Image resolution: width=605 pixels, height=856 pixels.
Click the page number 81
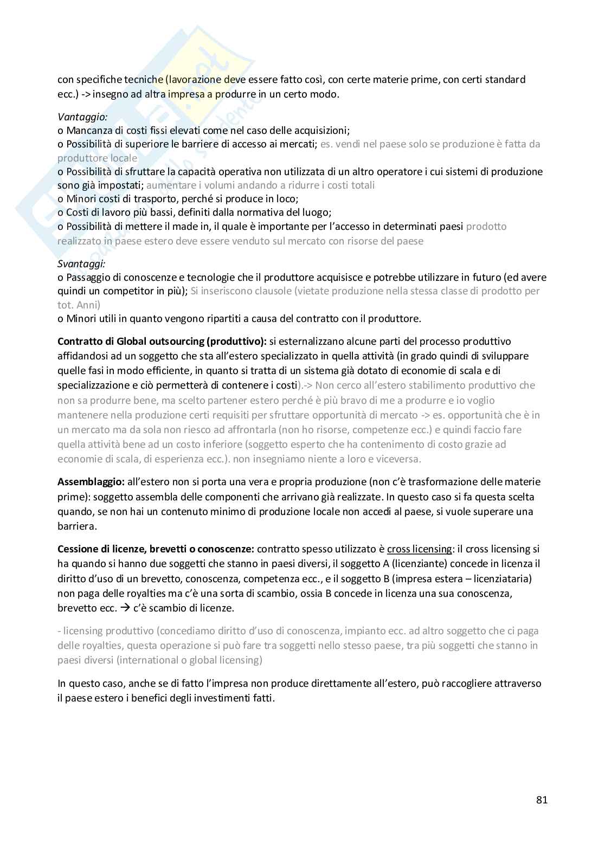point(542,800)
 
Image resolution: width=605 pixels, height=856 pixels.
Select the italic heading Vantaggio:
point(82,116)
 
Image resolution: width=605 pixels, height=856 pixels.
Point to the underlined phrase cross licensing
point(419,549)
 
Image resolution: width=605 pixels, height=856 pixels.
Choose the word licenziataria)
point(499,578)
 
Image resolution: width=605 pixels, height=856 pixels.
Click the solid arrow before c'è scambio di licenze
point(125,608)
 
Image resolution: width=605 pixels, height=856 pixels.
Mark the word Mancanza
point(86,131)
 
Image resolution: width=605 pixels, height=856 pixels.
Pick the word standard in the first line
point(506,80)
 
